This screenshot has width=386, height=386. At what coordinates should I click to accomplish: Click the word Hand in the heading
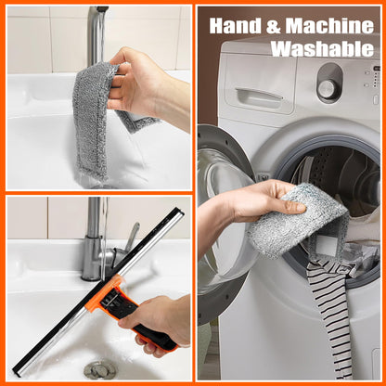pyautogui.click(x=234, y=25)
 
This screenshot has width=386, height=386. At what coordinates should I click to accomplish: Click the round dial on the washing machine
pyautogui.click(x=327, y=88)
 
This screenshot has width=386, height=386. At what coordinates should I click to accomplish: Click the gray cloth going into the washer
pyautogui.click(x=297, y=219)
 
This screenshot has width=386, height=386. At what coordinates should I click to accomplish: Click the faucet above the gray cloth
pyautogui.click(x=96, y=32)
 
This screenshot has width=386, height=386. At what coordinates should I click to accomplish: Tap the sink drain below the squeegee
pyautogui.click(x=99, y=368)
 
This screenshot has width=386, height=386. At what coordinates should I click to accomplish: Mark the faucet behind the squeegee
pyautogui.click(x=95, y=241)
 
